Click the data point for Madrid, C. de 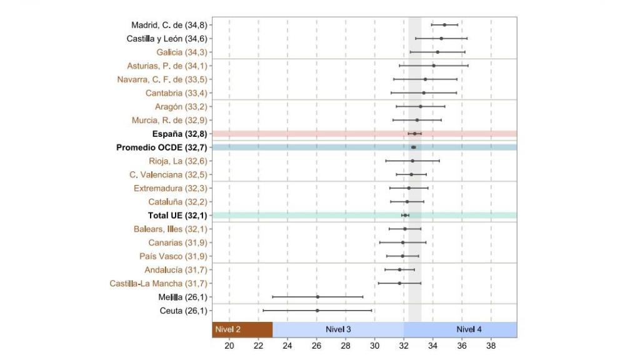pos(444,25)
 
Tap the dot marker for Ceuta pos(317,311)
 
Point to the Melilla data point pos(317,297)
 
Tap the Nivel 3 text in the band pos(338,329)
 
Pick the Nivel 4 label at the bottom pos(469,329)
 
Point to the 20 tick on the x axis pos(229,346)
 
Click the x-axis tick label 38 pos(491,346)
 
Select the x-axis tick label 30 pos(374,346)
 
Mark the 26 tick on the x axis pos(317,346)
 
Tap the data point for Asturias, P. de pos(434,66)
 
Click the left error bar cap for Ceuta pos(264,311)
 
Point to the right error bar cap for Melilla pos(362,297)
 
